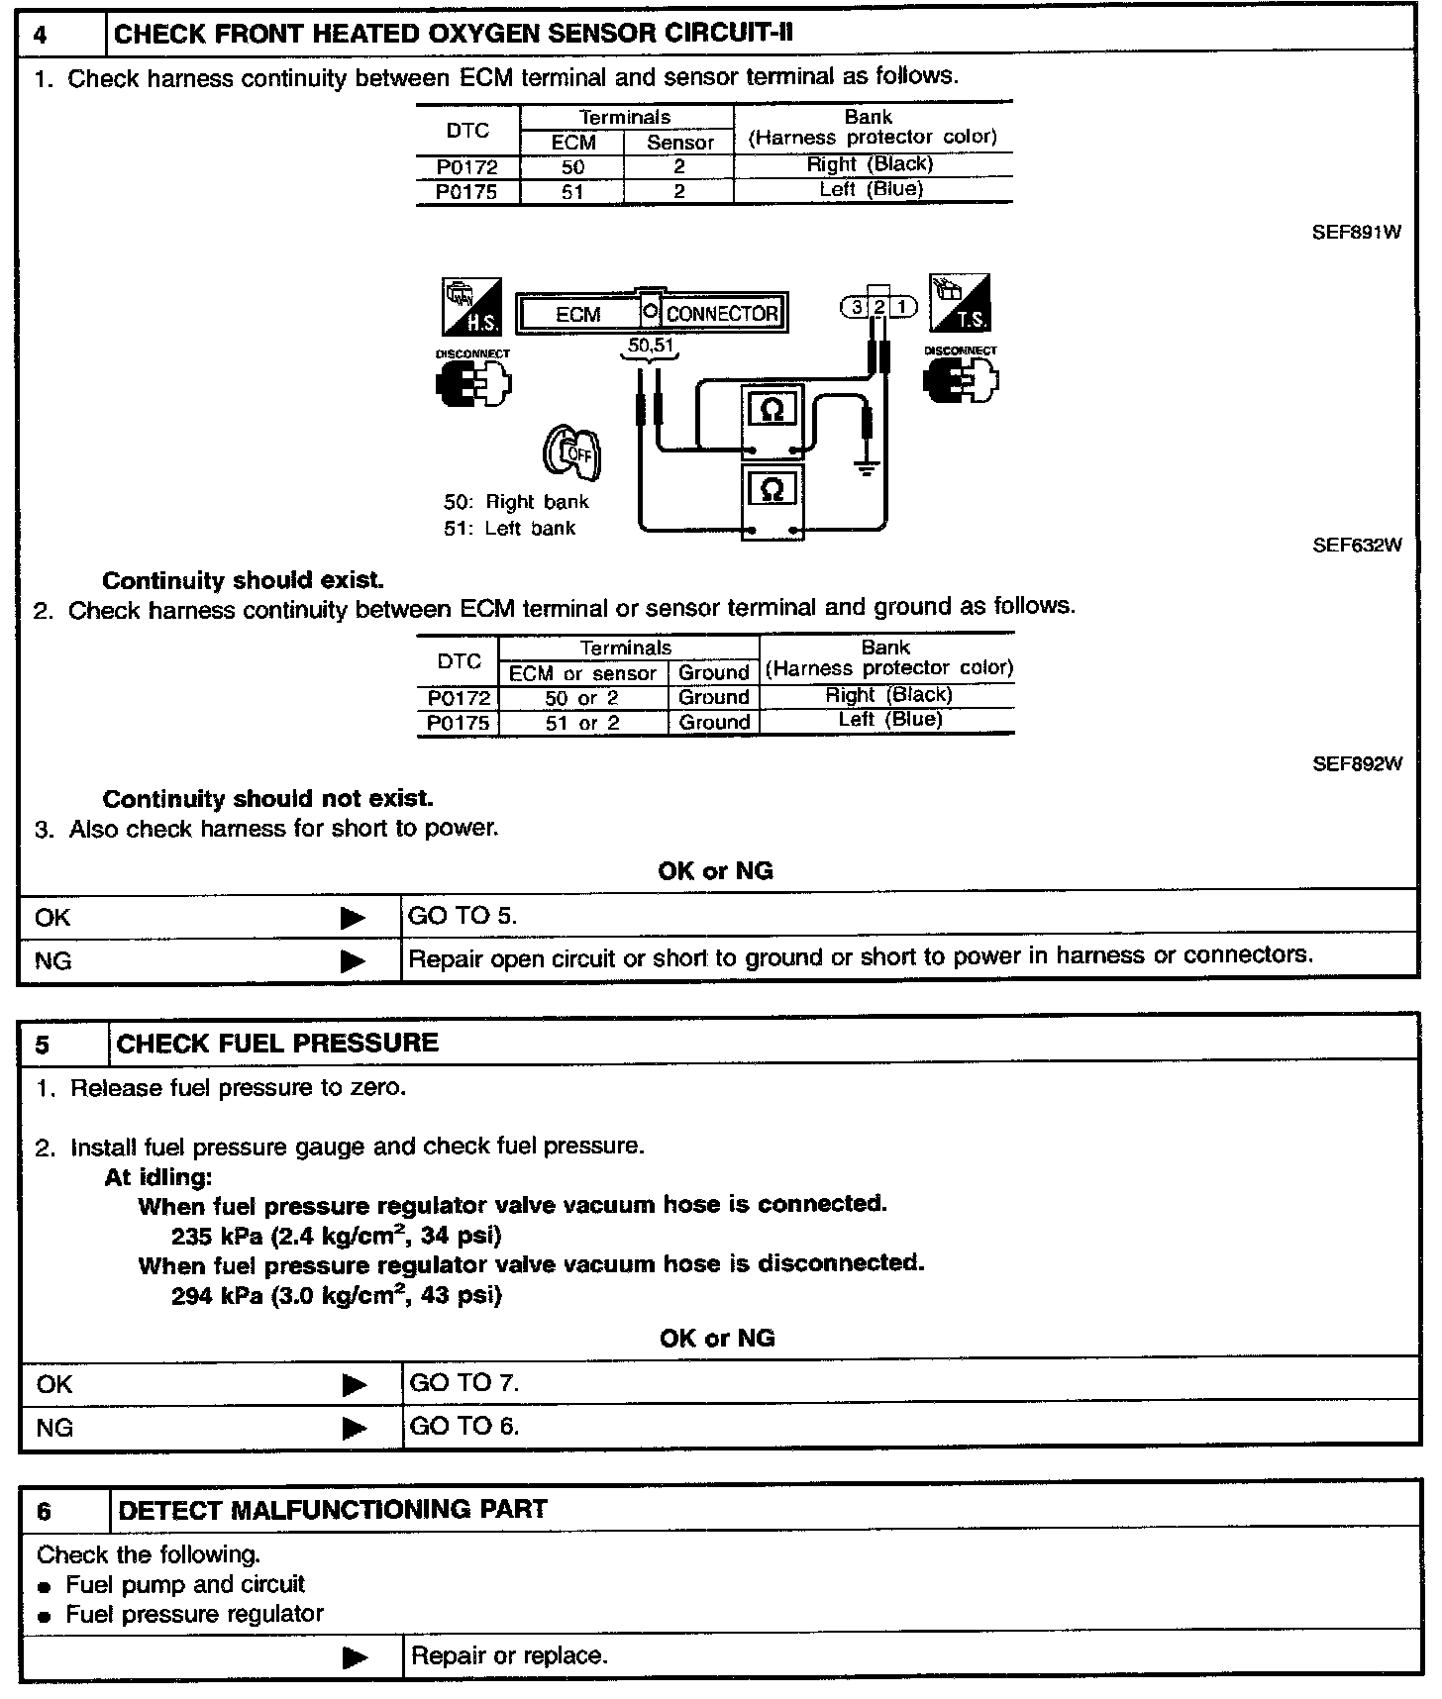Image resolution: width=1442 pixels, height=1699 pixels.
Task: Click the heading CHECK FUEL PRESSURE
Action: pos(277,1043)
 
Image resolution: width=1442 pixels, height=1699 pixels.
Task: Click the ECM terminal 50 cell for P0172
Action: pos(572,167)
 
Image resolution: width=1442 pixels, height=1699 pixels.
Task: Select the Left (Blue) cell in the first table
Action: pos(872,190)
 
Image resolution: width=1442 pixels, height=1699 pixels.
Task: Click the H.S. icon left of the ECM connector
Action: pos(470,307)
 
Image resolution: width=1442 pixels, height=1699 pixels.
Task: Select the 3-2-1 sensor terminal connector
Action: pos(877,307)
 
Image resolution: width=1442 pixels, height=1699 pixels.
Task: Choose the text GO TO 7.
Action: pos(463,1382)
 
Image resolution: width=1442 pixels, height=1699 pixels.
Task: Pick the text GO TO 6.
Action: pos(463,1426)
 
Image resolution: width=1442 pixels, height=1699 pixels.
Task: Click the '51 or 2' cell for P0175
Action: pos(582,723)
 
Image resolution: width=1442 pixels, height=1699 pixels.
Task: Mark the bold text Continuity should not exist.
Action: pos(267,798)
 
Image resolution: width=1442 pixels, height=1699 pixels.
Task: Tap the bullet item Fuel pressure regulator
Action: pos(194,1614)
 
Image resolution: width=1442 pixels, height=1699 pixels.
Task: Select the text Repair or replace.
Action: pos(509,1655)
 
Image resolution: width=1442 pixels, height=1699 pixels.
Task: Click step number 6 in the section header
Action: pos(44,1511)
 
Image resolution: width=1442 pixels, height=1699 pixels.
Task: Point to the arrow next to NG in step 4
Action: pos(353,960)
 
